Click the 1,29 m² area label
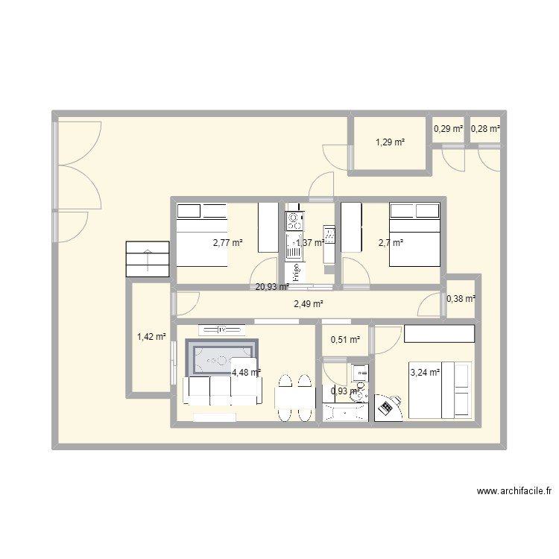pyautogui.click(x=390, y=142)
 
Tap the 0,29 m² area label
pyautogui.click(x=448, y=129)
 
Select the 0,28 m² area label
pyautogui.click(x=485, y=129)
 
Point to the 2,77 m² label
pyautogui.click(x=228, y=242)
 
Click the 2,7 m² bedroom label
pyautogui.click(x=391, y=242)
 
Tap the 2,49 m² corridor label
pyautogui.click(x=309, y=303)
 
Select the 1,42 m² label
pyautogui.click(x=152, y=337)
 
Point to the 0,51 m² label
pyautogui.click(x=345, y=340)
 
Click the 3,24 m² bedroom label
pyautogui.click(x=425, y=371)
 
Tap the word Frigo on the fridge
pyautogui.click(x=296, y=271)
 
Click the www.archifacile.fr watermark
pyautogui.click(x=514, y=491)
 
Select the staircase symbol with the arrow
pyautogui.click(x=148, y=259)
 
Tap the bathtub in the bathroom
pyautogui.click(x=344, y=412)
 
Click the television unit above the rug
pyautogui.click(x=221, y=329)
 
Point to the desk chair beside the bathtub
pyautogui.click(x=388, y=407)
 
